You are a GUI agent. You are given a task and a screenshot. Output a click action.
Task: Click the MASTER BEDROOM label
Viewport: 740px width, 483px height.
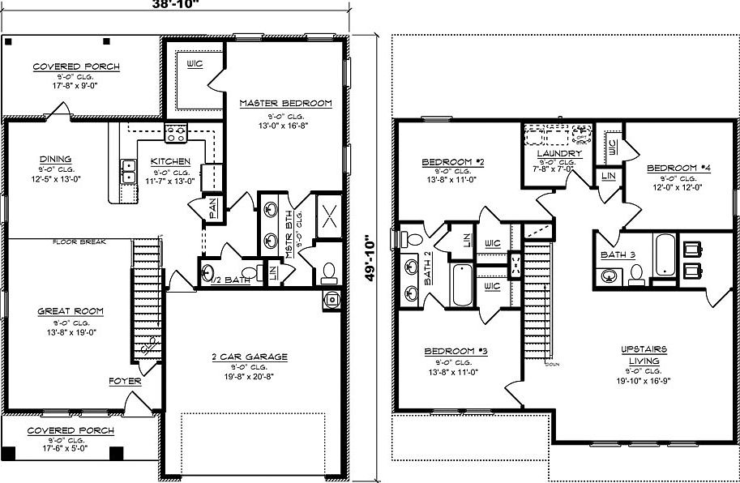285,103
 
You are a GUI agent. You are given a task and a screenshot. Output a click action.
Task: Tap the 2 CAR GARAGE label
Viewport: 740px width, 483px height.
249,357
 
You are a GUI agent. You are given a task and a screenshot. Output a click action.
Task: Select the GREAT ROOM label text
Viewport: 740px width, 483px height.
71,311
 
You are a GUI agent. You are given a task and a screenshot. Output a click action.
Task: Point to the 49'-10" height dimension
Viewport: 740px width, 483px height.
370,258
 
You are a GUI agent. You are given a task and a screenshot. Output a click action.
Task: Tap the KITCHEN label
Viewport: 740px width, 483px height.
170,161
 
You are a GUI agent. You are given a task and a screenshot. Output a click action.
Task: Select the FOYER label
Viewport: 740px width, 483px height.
126,380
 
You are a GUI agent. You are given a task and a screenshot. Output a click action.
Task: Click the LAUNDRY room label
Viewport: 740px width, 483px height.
558,153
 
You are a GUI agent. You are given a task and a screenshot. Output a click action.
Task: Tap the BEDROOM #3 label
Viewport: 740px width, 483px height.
456,351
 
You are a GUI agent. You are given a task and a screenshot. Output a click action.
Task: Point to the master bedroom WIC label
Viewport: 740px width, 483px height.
195,63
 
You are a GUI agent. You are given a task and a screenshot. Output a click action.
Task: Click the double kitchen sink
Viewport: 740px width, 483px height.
128,171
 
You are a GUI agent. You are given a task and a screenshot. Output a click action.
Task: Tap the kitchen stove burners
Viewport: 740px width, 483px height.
176,133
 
